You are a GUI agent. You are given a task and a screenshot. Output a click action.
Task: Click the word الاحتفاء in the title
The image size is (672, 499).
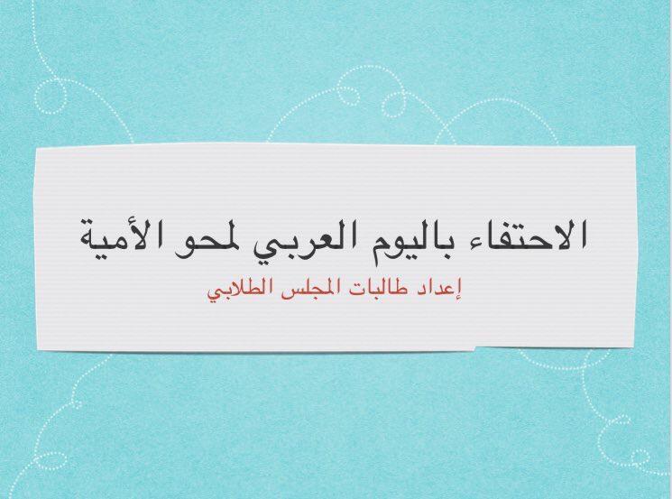coord(509,234)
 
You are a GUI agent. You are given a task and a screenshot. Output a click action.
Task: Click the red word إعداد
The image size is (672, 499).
coord(440,291)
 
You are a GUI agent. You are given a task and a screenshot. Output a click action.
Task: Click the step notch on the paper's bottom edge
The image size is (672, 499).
coord(475,347)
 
